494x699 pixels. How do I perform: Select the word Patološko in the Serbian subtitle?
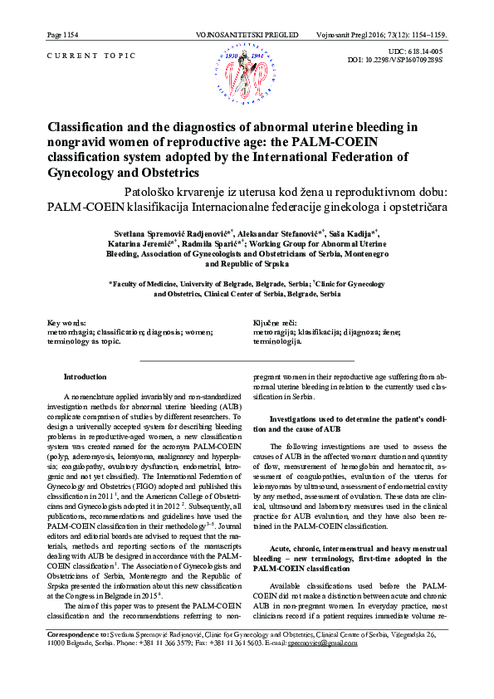pyautogui.click(x=152, y=191)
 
